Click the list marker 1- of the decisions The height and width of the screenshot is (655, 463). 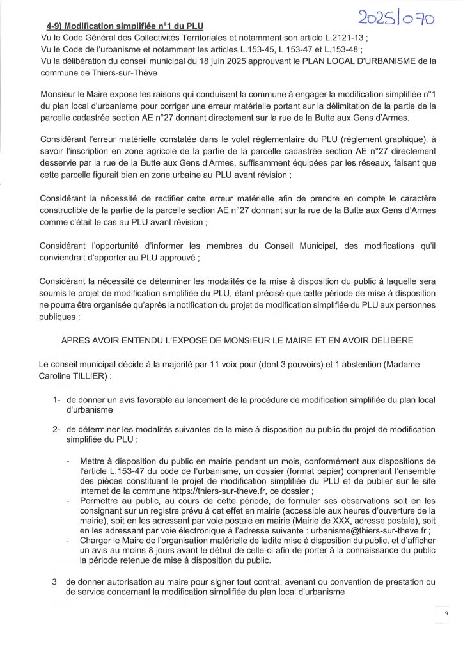coord(57,400)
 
